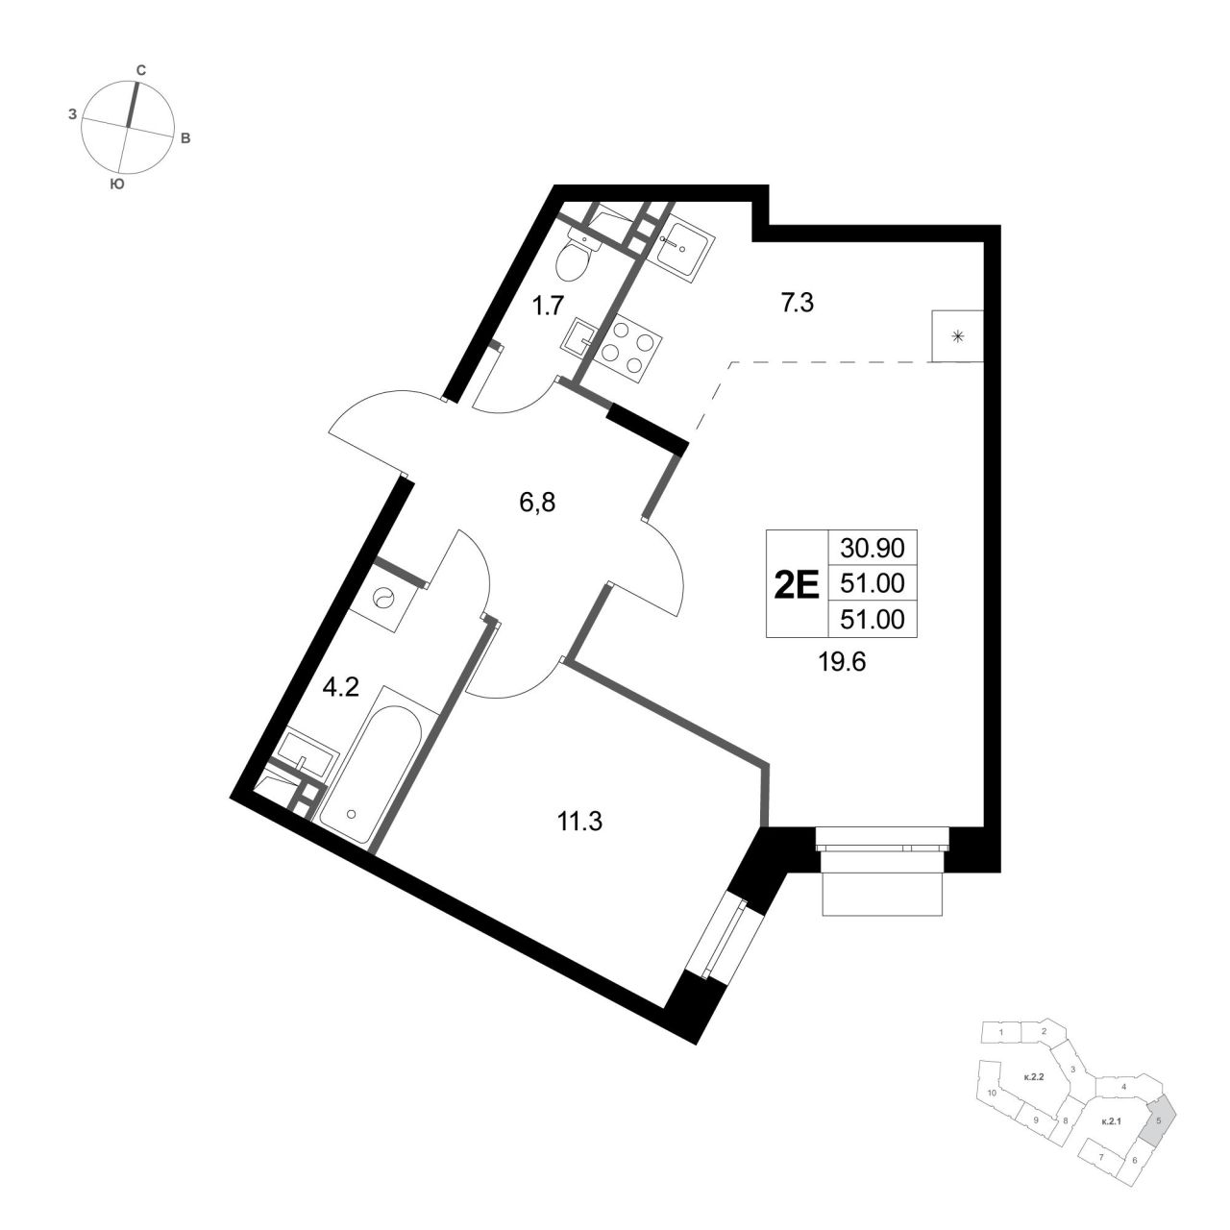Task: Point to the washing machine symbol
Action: [385, 600]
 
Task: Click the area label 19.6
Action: [842, 663]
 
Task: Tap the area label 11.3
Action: [578, 823]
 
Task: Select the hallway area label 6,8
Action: [537, 503]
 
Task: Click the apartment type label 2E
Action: [796, 584]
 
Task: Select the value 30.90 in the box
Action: [872, 547]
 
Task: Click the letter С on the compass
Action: [141, 71]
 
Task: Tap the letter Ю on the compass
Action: [116, 184]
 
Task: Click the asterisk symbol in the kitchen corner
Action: [957, 337]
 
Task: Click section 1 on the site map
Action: [1001, 1032]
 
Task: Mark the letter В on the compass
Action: [185, 138]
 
